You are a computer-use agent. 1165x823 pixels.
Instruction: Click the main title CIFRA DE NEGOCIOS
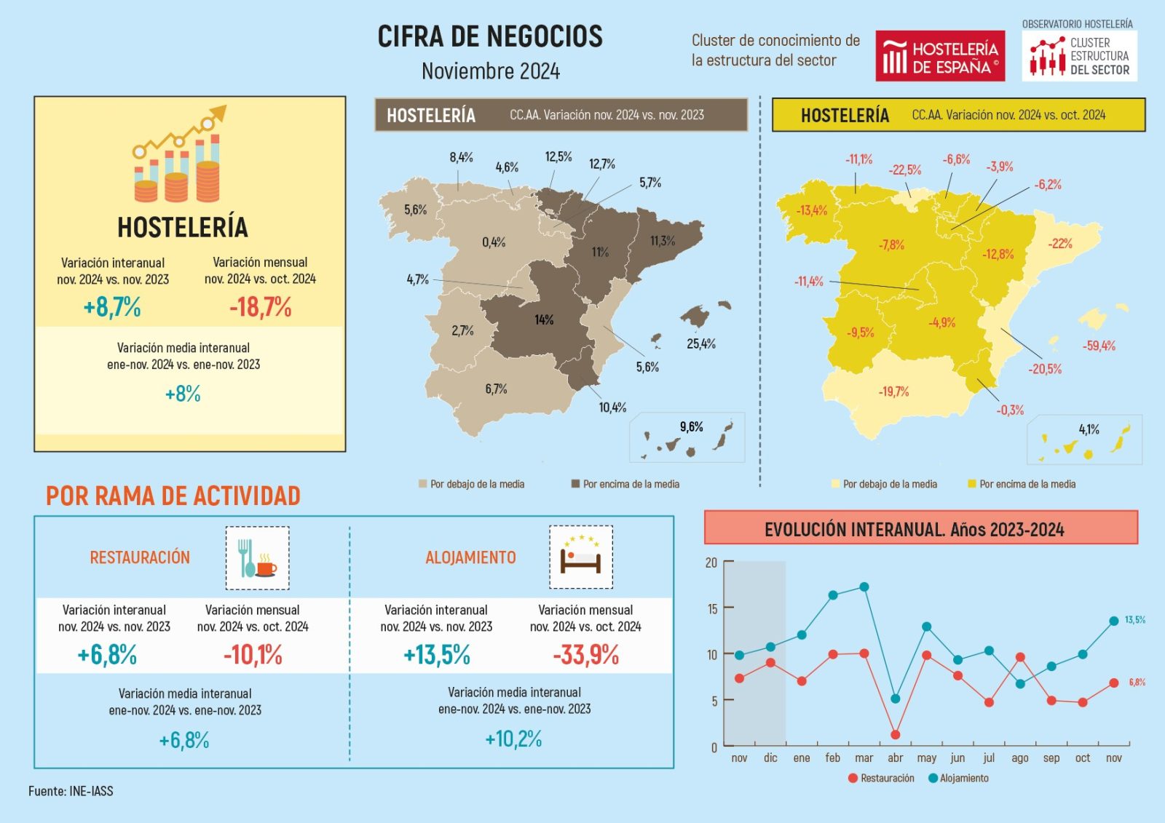coord(490,36)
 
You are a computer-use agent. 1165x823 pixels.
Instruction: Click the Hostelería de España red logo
coord(939,56)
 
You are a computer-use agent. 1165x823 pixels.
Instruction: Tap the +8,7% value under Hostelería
coord(112,307)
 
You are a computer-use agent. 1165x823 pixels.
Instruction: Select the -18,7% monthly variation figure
coord(260,307)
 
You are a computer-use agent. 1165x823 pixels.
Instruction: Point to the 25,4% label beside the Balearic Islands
coord(701,343)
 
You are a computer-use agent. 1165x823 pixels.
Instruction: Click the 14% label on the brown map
coord(544,319)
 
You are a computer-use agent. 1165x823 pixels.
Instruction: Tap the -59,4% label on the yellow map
coord(1099,346)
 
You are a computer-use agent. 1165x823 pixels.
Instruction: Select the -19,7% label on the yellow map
coord(893,391)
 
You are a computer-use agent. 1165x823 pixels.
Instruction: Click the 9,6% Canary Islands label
coord(691,426)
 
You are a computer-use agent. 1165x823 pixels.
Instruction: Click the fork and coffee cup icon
coord(257,558)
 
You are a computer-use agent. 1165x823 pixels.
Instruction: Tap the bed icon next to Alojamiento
coord(580,557)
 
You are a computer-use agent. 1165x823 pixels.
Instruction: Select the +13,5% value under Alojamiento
coord(437,655)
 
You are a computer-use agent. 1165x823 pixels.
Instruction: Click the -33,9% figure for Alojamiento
coord(585,655)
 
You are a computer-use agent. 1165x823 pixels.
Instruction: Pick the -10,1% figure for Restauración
coord(253,655)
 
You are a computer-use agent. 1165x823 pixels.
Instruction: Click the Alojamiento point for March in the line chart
coord(864,587)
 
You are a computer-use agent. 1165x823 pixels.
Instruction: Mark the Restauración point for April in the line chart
coord(895,735)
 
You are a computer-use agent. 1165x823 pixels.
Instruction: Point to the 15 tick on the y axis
coord(712,608)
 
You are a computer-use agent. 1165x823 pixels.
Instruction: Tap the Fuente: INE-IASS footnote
coord(71,791)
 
